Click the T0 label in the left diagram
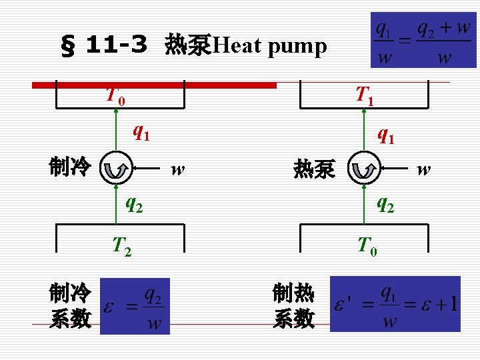click(115, 95)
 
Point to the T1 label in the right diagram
click(364, 95)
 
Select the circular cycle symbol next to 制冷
click(116, 169)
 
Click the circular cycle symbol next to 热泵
click(363, 169)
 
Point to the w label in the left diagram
click(177, 171)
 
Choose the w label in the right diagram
click(423, 171)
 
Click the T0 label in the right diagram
click(367, 247)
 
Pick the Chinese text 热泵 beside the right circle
click(314, 171)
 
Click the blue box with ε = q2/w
click(135, 306)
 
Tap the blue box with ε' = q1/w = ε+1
click(395, 304)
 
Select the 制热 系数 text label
click(293, 306)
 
